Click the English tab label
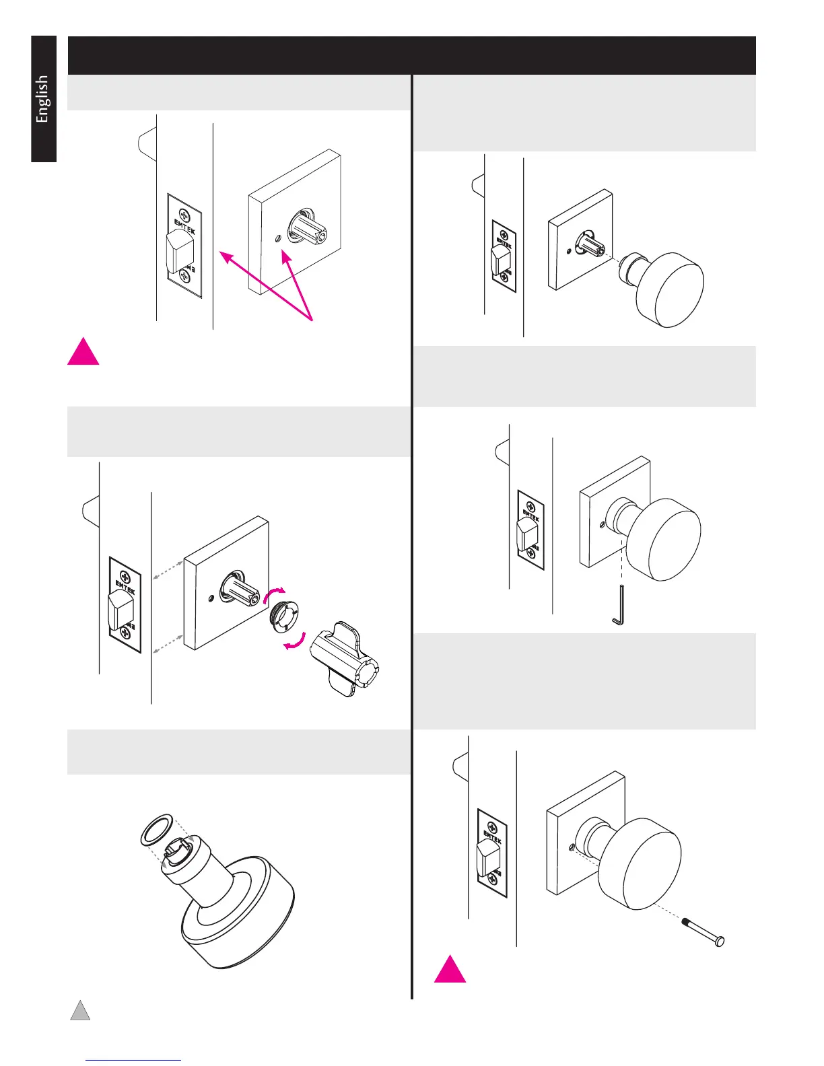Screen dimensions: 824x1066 point(42,99)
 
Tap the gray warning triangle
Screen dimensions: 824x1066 point(80,1011)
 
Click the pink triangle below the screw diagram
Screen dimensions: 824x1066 point(450,969)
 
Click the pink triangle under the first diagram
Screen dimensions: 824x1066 point(83,352)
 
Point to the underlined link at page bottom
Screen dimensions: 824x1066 point(134,1060)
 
